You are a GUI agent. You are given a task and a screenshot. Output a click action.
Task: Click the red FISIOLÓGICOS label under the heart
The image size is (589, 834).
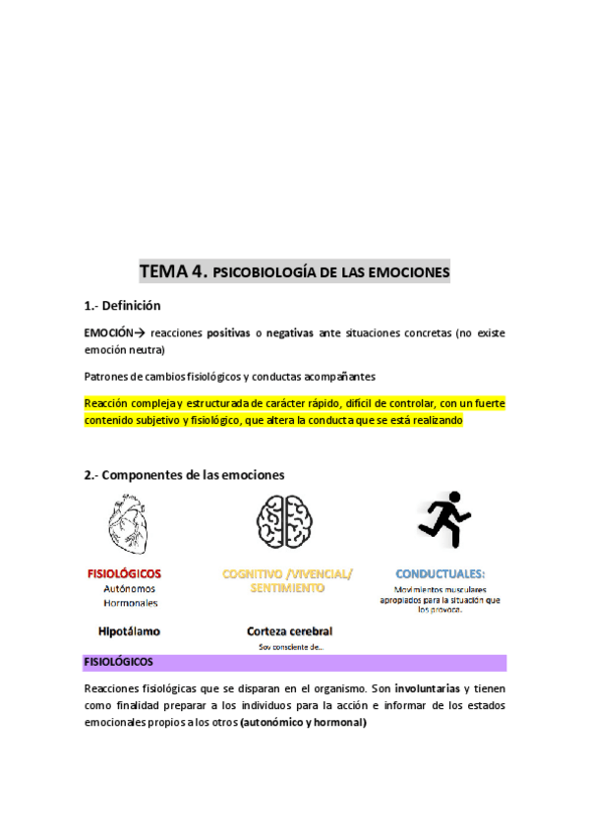tap(124, 573)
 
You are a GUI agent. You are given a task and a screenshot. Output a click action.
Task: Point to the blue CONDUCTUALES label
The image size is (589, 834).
tap(440, 573)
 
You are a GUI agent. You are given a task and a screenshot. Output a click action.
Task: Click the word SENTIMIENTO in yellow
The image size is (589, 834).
tap(287, 587)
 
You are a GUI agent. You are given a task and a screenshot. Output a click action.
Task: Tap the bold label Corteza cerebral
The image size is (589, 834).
tap(289, 630)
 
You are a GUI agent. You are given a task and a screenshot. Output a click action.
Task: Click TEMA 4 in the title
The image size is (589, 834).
tap(173, 269)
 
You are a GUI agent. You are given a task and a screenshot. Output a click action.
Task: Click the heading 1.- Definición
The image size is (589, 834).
tap(122, 306)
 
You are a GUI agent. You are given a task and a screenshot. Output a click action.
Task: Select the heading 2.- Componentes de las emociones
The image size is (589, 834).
tap(184, 474)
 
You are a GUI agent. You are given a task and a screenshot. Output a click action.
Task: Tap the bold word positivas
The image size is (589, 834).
tap(227, 333)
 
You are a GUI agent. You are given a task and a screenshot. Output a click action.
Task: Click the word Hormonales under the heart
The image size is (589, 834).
tap(131, 602)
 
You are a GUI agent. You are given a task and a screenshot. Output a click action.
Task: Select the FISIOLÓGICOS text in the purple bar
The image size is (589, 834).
tap(117, 662)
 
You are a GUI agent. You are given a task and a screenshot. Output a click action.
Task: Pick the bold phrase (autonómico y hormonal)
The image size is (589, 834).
tap(309, 723)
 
